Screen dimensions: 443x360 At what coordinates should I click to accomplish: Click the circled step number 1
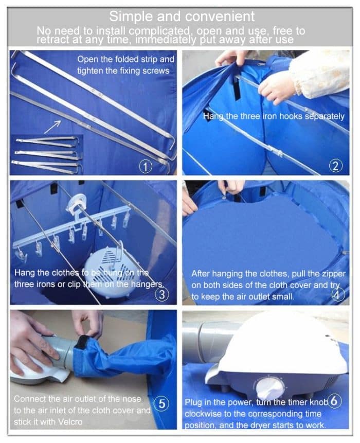pos(146,167)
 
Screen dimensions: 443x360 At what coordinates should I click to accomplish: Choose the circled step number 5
pos(161,404)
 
